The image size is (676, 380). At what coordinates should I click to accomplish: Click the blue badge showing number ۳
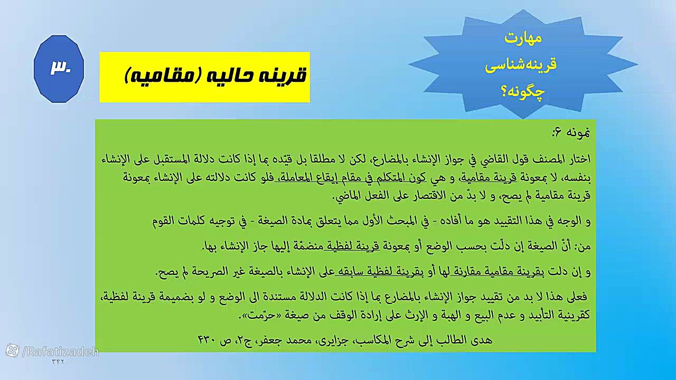[x=59, y=69]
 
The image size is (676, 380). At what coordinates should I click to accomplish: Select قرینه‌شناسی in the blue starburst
[x=521, y=64]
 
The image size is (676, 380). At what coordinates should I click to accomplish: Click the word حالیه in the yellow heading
[x=236, y=75]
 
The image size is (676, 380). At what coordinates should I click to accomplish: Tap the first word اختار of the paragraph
[x=577, y=159]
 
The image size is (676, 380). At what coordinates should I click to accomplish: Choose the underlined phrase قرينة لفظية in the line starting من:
[x=351, y=246]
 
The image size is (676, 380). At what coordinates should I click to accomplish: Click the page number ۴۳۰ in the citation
[x=207, y=340]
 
